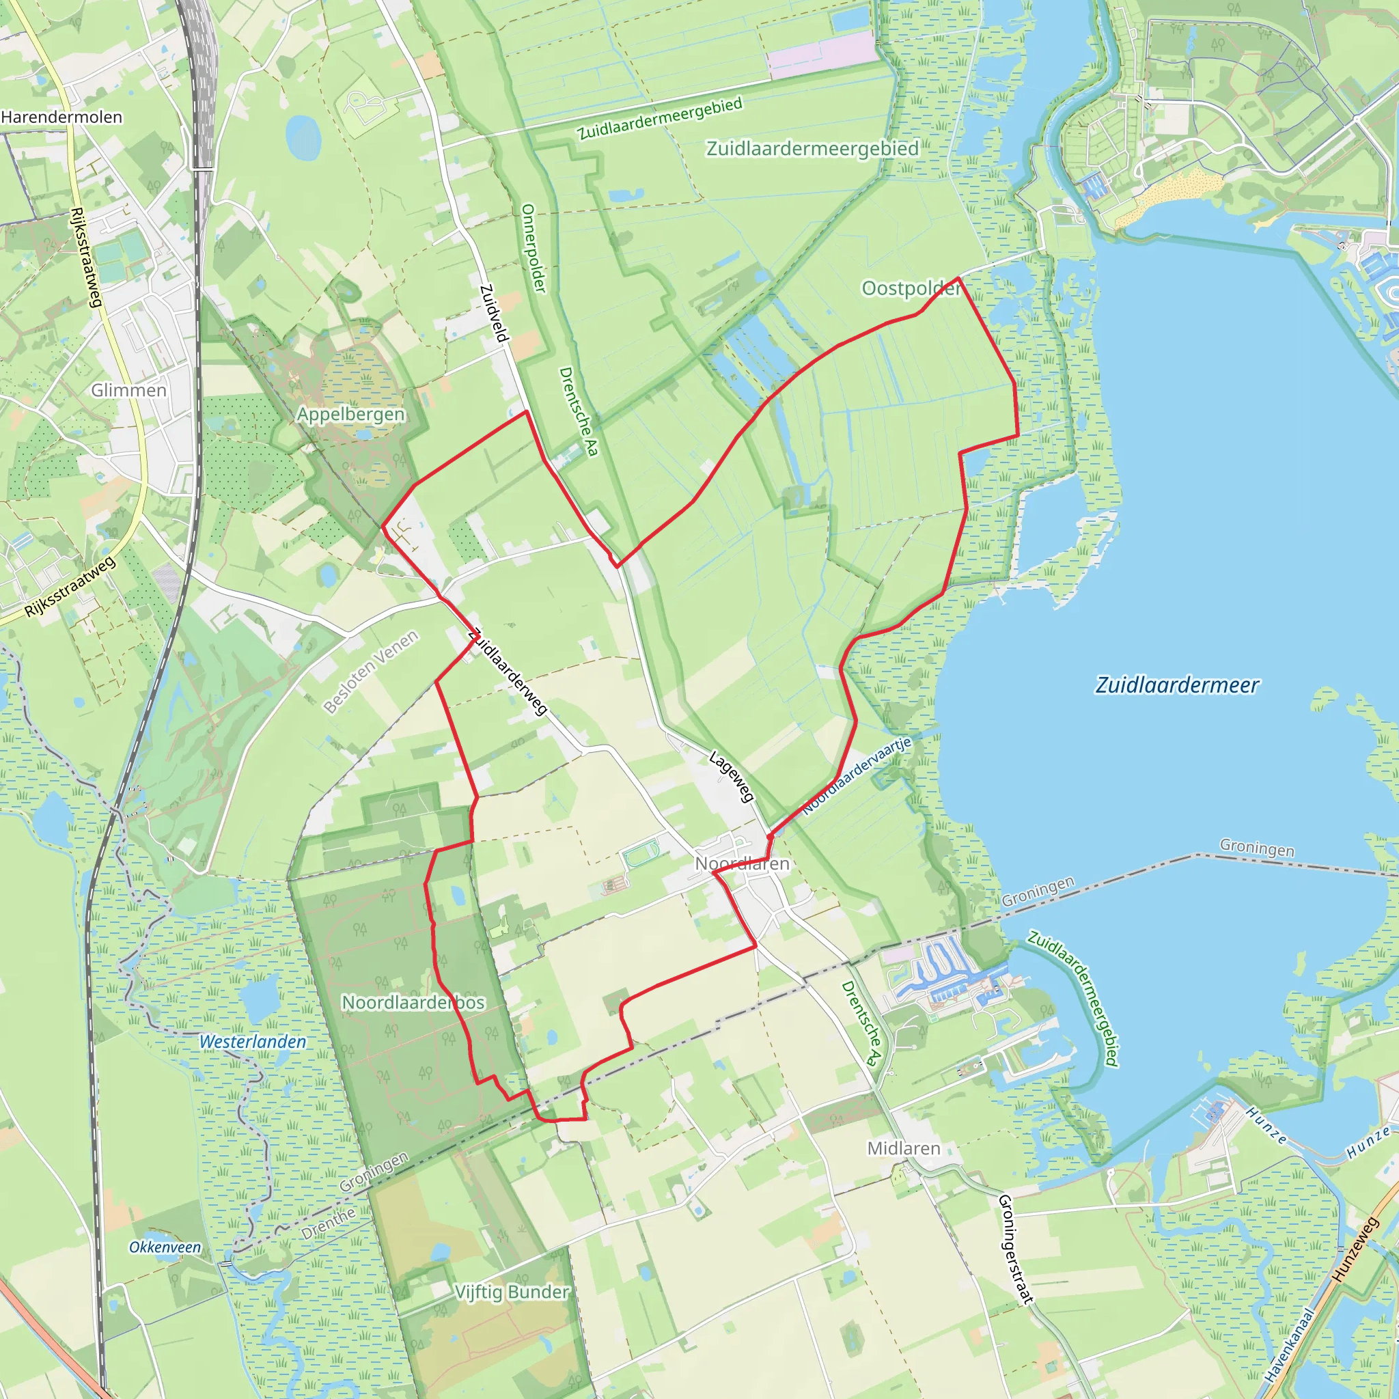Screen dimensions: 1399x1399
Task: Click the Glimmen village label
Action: (128, 390)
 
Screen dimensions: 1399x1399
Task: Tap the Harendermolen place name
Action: (61, 117)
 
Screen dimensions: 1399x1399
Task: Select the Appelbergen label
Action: (350, 414)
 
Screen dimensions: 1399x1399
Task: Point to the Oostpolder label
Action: (910, 288)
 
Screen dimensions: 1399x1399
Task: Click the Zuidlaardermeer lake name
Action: (1177, 685)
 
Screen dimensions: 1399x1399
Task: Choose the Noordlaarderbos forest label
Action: (413, 1002)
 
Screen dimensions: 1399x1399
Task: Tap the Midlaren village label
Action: (904, 1148)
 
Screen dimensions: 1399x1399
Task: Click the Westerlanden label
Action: (253, 1042)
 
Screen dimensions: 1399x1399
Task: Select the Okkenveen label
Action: (165, 1247)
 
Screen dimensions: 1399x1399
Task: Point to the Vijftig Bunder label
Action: (512, 1292)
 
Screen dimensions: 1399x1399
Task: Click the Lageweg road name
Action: (732, 776)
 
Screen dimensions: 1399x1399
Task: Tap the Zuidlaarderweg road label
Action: (508, 672)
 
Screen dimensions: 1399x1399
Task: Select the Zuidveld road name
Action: (495, 313)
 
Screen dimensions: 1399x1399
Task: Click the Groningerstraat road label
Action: (1015, 1249)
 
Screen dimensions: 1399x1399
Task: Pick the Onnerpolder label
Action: (533, 248)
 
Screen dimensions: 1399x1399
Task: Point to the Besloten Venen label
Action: (371, 671)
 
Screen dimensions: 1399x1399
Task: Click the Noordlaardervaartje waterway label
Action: (857, 775)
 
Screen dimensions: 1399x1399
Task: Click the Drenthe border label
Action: (328, 1223)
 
